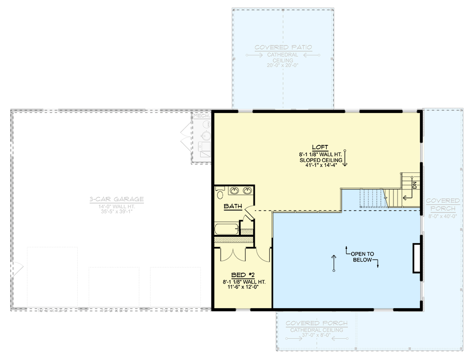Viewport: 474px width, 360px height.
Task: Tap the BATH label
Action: point(233,207)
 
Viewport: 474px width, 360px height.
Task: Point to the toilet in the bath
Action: point(220,194)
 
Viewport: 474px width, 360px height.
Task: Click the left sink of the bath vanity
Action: point(235,192)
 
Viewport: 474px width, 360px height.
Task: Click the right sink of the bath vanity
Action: point(247,192)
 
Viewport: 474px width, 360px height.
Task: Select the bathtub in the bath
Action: point(226,229)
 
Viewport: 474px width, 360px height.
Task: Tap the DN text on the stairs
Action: point(414,185)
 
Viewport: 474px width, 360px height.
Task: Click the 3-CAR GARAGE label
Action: point(116,199)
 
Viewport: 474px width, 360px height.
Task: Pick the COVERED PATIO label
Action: point(283,47)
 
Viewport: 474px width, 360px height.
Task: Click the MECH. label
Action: point(201,116)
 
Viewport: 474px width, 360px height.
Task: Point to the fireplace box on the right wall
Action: point(417,258)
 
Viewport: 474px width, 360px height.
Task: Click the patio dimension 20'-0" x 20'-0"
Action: point(283,65)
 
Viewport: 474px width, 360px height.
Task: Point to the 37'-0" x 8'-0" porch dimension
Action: point(316,335)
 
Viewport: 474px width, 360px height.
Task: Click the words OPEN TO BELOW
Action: point(363,256)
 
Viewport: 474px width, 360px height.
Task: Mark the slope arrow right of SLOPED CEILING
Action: point(345,158)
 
